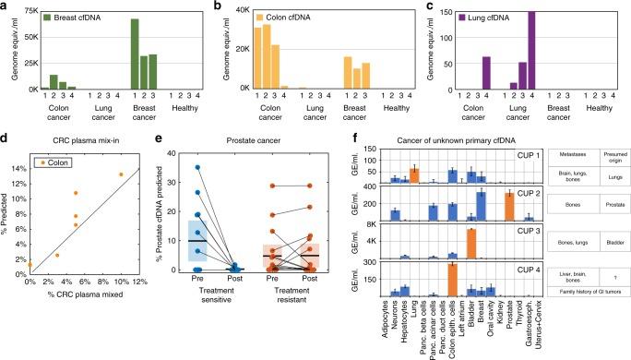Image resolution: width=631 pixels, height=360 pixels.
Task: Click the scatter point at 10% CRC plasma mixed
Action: pos(120,174)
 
